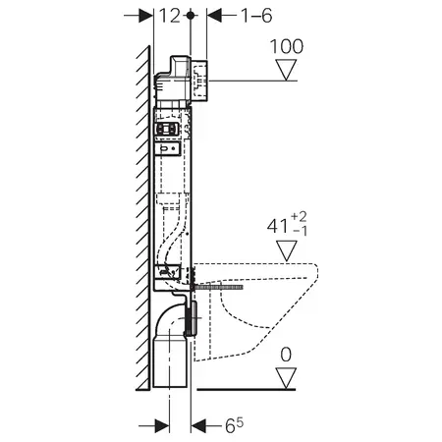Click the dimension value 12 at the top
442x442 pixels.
(170, 16)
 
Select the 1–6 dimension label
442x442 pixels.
(256, 16)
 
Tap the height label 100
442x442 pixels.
(287, 46)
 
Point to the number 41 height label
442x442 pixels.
(277, 226)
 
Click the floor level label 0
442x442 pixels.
(286, 355)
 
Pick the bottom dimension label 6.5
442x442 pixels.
(235, 425)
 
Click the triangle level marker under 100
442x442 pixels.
(286, 70)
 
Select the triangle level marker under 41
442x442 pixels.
(287, 250)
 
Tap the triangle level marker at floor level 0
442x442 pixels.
(286, 378)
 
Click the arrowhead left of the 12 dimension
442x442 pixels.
(146, 16)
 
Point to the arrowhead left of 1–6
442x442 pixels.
(214, 16)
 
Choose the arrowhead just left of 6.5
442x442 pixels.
(198, 426)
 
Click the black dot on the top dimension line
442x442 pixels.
(191, 16)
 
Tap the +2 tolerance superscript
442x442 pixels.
(299, 216)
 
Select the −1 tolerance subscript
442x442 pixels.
(300, 231)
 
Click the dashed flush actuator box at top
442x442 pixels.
(199, 81)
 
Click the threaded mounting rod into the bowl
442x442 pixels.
(217, 287)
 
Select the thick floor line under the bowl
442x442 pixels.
(247, 389)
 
